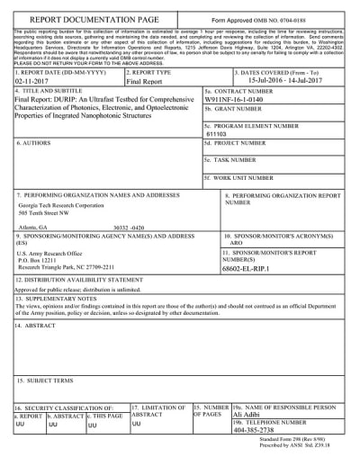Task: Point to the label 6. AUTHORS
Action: pos(37,143)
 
